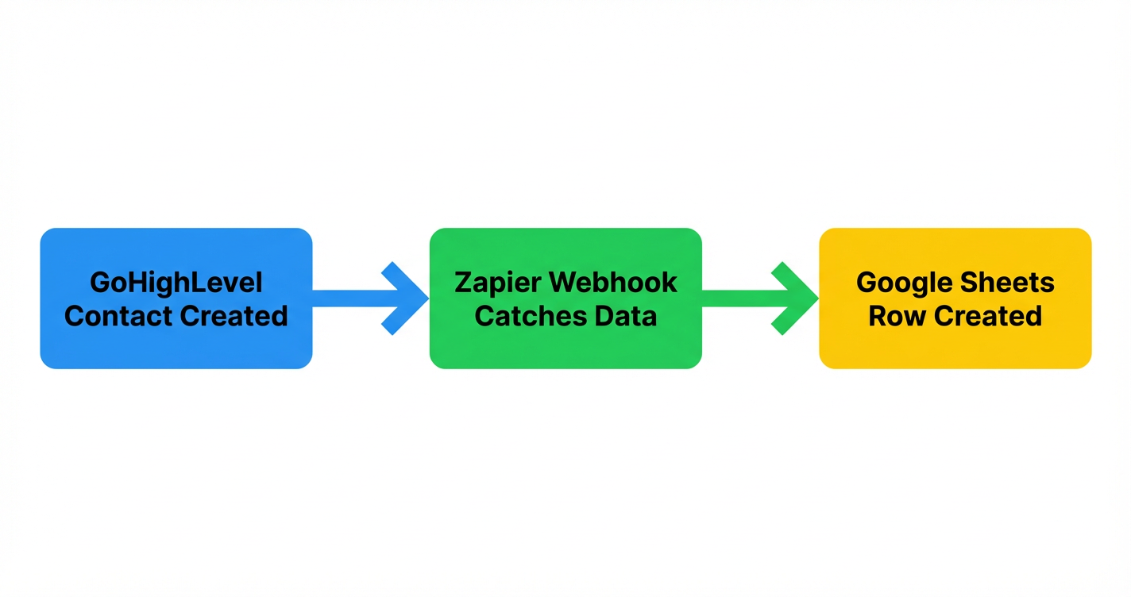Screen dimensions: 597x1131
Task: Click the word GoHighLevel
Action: coord(176,283)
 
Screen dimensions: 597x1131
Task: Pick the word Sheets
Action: coord(1011,283)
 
